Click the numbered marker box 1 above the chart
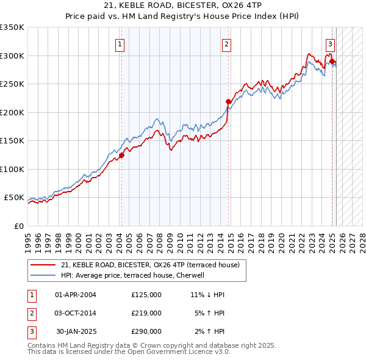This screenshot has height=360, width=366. pyautogui.click(x=120, y=44)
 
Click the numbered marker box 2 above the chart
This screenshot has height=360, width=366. pyautogui.click(x=226, y=44)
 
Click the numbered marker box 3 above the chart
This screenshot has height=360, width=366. pyautogui.click(x=330, y=44)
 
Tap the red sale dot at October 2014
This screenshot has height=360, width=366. pyautogui.click(x=228, y=102)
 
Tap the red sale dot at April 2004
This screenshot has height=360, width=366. pyautogui.click(x=121, y=155)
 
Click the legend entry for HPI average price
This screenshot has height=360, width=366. pyautogui.click(x=136, y=275)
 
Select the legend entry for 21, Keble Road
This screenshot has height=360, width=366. pyautogui.click(x=151, y=265)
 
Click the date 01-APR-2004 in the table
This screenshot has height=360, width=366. pyautogui.click(x=76, y=295)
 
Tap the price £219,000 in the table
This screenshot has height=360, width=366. pyautogui.click(x=146, y=313)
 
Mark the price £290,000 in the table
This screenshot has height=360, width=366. pyautogui.click(x=146, y=331)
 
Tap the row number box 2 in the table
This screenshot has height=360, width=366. pyautogui.click(x=31, y=313)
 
